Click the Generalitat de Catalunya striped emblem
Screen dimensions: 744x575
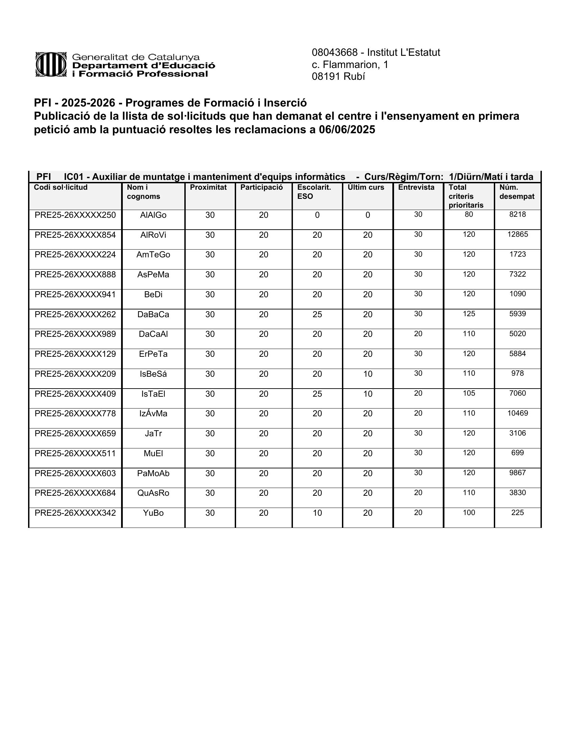pyautogui.click(x=51, y=64)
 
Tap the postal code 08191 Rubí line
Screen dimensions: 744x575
pyautogui.click(x=338, y=77)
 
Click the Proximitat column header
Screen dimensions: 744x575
pyautogui.click(x=208, y=187)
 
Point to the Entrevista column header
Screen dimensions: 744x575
pyautogui.click(x=416, y=187)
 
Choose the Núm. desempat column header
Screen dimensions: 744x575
pyautogui.click(x=516, y=192)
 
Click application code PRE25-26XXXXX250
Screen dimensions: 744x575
pyautogui.click(x=75, y=215)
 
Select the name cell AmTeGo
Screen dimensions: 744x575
pyautogui.click(x=153, y=255)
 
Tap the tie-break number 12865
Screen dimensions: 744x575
pyautogui.click(x=517, y=234)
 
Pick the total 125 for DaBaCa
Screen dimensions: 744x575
pyautogui.click(x=469, y=314)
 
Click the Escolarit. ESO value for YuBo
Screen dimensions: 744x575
pyautogui.click(x=317, y=513)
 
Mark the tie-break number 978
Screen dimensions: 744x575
pyautogui.click(x=517, y=373)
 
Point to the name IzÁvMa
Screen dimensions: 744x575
pyautogui.click(x=153, y=414)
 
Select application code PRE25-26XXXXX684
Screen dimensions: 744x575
pyautogui.click(x=75, y=493)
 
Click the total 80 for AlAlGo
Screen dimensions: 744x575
pyautogui.click(x=469, y=214)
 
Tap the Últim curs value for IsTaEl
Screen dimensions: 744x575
pyautogui.click(x=368, y=394)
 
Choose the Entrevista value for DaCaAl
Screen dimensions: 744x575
pyautogui.click(x=418, y=333)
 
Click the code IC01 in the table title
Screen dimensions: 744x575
pyautogui.click(x=74, y=177)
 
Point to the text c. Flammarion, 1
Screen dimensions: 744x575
pyautogui.click(x=350, y=65)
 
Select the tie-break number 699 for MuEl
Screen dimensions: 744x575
pyautogui.click(x=517, y=453)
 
